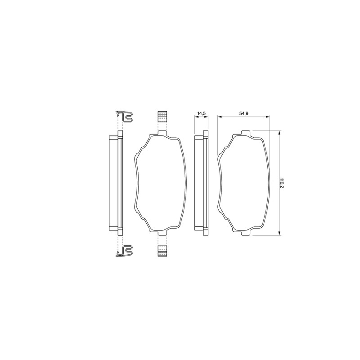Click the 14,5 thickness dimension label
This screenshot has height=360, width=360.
click(x=201, y=113)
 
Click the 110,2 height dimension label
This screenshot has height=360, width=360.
click(x=282, y=183)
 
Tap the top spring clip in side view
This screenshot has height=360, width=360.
click(x=125, y=117)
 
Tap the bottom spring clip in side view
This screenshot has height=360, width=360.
click(x=125, y=251)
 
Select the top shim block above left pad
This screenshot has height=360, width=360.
click(x=162, y=117)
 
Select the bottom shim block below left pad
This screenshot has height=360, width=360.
click(x=162, y=251)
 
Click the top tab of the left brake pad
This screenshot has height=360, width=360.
click(x=162, y=133)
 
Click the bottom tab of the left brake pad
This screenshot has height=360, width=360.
click(x=162, y=233)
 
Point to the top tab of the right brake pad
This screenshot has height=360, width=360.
click(x=245, y=133)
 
